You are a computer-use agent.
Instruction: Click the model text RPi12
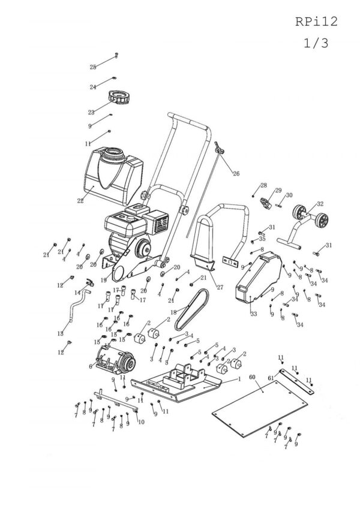coord(316,22)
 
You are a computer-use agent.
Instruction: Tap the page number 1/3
coord(316,44)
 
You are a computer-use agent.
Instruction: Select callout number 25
coord(93,67)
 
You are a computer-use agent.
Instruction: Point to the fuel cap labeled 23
coord(118,96)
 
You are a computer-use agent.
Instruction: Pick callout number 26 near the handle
coord(236,173)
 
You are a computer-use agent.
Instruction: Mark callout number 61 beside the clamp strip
coord(271,378)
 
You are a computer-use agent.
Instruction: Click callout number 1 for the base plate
coord(239,379)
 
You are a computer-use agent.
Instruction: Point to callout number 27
coord(220,287)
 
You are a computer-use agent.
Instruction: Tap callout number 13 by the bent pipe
coord(60,333)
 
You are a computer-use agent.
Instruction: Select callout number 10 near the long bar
coord(141,422)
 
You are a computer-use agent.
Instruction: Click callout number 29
coord(278,191)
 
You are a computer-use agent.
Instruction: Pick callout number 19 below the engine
coord(104,279)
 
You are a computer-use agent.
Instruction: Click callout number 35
coord(262,239)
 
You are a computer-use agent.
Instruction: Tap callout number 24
coord(93,87)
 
